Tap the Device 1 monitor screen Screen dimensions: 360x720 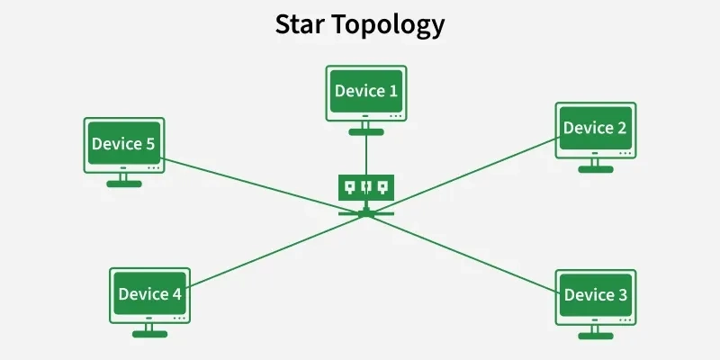tap(365, 91)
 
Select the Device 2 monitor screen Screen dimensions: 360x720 tap(594, 128)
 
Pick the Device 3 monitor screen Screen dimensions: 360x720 tap(594, 294)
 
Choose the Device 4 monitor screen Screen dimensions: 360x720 tap(149, 294)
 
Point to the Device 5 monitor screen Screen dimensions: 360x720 tap(124, 143)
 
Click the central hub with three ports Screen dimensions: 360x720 tap(365, 187)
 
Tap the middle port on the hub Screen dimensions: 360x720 tap(365, 187)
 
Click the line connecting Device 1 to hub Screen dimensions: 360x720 tap(365, 153)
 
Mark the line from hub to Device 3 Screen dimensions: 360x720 tap(468, 256)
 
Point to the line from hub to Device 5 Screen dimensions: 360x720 tap(261, 185)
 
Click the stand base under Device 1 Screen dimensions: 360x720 tap(365, 131)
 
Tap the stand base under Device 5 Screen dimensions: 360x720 tap(124, 183)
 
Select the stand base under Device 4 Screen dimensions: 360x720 tap(149, 334)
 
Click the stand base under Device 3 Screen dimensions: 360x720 tap(594, 335)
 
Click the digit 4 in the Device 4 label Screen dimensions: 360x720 tap(175, 294)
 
